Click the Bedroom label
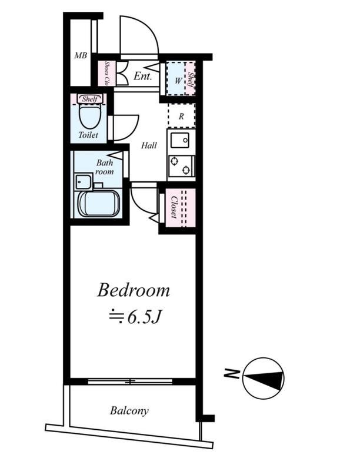(x=134, y=290)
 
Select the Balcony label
(x=129, y=410)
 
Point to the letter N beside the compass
(x=231, y=374)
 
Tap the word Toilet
(x=88, y=135)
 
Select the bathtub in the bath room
(x=99, y=203)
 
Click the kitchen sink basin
(x=179, y=141)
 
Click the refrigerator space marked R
(x=181, y=116)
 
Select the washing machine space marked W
(x=176, y=78)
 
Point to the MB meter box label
(x=81, y=55)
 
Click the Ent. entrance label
(x=142, y=76)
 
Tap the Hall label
(x=149, y=145)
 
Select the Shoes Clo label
(x=106, y=72)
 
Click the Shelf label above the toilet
(x=89, y=99)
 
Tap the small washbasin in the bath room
(x=84, y=181)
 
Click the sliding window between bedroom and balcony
(x=130, y=382)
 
